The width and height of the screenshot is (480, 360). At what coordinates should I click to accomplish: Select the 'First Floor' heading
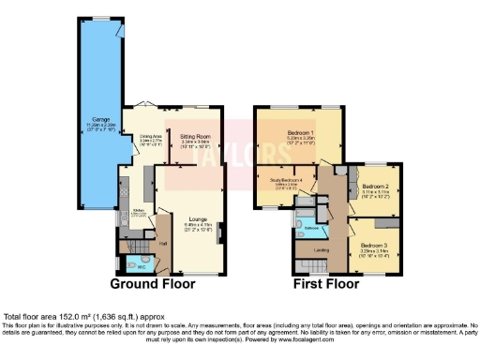tap(323, 283)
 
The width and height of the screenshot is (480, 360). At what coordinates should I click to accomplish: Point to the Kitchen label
tap(135, 210)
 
